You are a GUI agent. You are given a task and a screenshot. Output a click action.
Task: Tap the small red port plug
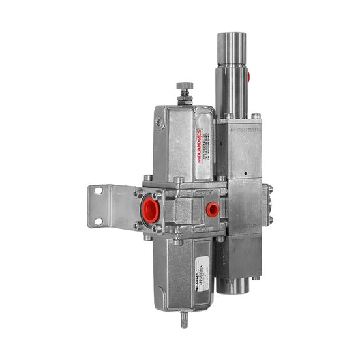point(212,209)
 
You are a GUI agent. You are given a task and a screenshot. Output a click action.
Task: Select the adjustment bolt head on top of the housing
point(185,87)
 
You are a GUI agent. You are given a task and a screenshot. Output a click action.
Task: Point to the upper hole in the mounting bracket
point(98,192)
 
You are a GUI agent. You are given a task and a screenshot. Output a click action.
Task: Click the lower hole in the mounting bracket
point(98,222)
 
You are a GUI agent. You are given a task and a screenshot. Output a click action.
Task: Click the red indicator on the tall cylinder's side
point(248,77)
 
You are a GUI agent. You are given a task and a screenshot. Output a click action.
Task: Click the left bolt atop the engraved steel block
point(228,117)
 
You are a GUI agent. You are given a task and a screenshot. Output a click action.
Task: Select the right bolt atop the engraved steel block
point(256,117)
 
